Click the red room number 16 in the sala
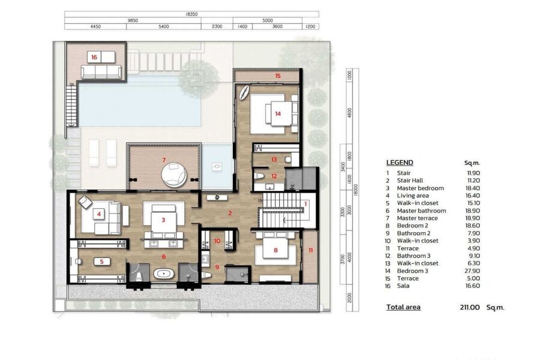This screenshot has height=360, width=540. click(94, 57)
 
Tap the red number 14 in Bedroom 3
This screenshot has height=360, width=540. click(278, 113)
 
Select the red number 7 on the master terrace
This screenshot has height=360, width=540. click(164, 160)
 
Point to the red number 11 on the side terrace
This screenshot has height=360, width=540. click(311, 250)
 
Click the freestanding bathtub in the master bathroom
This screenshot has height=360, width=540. click(164, 274)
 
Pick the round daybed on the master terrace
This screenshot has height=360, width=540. click(174, 175)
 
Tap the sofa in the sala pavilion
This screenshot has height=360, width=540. click(101, 72)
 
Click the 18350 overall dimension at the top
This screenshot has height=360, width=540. click(191, 14)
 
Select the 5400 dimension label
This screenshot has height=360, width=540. click(164, 26)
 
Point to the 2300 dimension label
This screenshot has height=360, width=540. click(217, 26)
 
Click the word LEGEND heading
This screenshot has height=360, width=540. click(400, 163)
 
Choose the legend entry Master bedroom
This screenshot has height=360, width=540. click(420, 188)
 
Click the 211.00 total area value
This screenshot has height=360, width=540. click(469, 307)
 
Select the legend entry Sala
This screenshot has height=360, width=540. click(403, 286)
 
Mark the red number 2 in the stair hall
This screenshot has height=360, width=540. click(230, 213)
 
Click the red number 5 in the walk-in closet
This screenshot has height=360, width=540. click(101, 262)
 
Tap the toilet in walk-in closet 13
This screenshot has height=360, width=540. click(289, 160)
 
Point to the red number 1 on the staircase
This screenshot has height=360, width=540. click(305, 204)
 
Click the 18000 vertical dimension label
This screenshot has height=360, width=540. click(356, 190)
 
